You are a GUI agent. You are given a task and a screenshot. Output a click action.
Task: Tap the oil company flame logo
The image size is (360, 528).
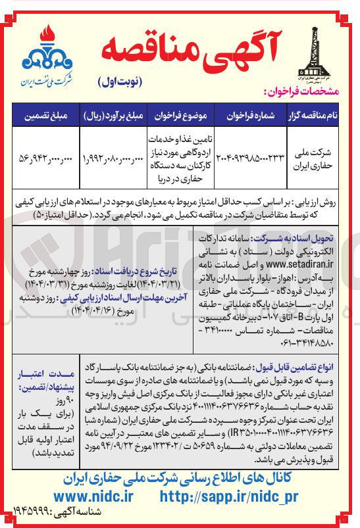pos(45,49)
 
